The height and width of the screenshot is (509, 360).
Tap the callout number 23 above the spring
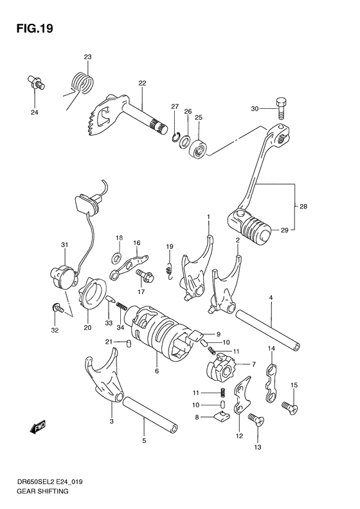(x=87, y=57)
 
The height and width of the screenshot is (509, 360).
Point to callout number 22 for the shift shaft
(x=142, y=83)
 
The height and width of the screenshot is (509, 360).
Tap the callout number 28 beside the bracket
(x=303, y=206)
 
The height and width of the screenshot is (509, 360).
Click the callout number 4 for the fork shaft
(x=271, y=297)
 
